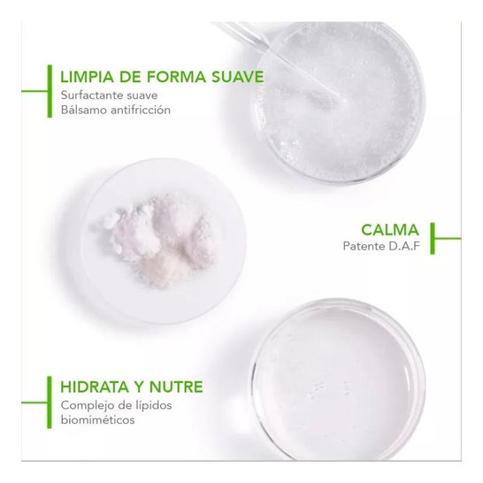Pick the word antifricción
tap(141, 110)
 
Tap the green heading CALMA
tap(390, 230)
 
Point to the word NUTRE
tap(176, 387)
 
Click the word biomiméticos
tap(97, 420)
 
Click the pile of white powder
tap(157, 240)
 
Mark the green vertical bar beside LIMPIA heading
tap(50, 91)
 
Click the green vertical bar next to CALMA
tap(433, 239)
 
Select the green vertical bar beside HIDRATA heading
tap(50, 402)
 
